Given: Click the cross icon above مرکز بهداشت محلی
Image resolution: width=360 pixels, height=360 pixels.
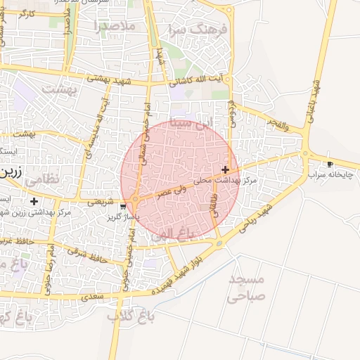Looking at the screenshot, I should pos(225,169).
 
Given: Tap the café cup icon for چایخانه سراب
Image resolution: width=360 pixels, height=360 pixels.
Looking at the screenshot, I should pos(330,164).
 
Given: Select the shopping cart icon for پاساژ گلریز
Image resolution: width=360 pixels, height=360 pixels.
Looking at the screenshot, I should pos(124,207).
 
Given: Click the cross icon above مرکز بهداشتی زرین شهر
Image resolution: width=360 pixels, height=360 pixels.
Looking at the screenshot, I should pos(34,202).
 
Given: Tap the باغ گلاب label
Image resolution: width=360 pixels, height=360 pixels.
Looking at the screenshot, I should pos(130,317).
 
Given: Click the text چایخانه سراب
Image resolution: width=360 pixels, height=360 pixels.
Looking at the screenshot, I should pos(329,173).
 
